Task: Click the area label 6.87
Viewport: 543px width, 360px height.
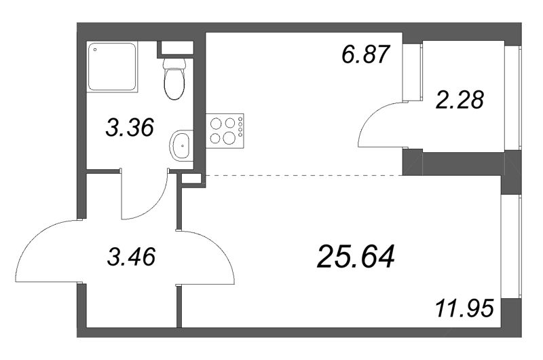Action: pyautogui.click(x=367, y=54)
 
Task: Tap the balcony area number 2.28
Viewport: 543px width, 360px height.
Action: pyautogui.click(x=461, y=101)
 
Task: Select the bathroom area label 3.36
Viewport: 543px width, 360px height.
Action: pyautogui.click(x=130, y=127)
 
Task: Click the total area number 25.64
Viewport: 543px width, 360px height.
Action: pyautogui.click(x=356, y=257)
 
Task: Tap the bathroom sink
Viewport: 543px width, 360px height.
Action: pyautogui.click(x=181, y=145)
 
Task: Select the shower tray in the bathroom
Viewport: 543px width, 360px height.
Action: pyautogui.click(x=113, y=67)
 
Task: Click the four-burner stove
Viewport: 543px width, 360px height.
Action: pyautogui.click(x=225, y=130)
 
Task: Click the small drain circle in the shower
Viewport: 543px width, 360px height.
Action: pyautogui.click(x=95, y=50)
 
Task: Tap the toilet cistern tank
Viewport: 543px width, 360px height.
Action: pyautogui.click(x=176, y=65)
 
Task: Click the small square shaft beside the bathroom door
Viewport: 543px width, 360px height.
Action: pyautogui.click(x=192, y=179)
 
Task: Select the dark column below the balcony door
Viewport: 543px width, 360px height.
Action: pyautogui.click(x=412, y=163)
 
